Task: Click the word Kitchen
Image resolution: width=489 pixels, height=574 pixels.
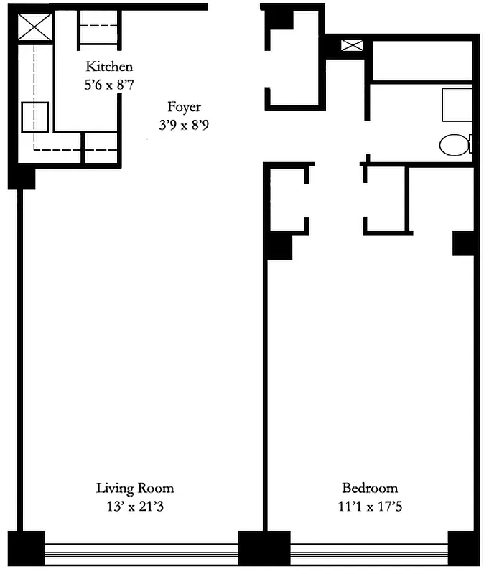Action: [x=109, y=67]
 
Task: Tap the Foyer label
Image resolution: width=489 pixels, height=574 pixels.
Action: [x=184, y=108]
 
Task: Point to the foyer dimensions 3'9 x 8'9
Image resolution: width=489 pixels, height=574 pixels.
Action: [x=184, y=124]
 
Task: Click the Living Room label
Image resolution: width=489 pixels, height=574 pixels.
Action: [x=135, y=489]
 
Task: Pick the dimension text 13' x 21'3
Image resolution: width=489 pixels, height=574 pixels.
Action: [x=135, y=507]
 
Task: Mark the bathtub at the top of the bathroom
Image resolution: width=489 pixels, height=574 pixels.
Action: [x=422, y=61]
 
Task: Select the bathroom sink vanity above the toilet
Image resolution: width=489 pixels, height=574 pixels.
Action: [x=457, y=105]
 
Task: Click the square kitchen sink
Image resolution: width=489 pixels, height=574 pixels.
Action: [x=34, y=118]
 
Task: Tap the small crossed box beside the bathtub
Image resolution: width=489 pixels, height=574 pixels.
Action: [x=352, y=46]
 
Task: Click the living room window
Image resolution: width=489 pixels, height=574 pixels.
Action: [x=141, y=551]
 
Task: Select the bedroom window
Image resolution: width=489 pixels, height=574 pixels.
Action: [x=368, y=551]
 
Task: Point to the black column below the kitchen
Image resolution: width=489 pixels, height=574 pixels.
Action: [x=22, y=177]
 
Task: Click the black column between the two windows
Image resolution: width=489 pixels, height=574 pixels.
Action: [x=263, y=548]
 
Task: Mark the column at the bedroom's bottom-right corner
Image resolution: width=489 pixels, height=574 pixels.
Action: [x=462, y=548]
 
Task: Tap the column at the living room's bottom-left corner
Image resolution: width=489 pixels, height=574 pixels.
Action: [x=26, y=548]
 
